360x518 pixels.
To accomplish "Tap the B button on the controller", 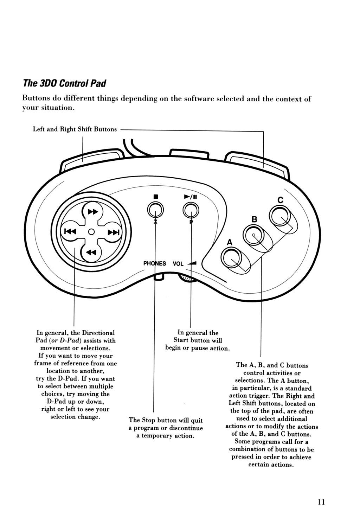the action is point(253,235).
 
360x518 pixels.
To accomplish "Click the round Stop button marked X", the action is point(155,210).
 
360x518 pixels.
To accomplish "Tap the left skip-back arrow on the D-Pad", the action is point(70,231).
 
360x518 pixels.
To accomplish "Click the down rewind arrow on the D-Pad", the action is point(91,252).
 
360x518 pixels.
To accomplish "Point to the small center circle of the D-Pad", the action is point(91,232).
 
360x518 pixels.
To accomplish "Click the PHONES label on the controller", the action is point(154,263).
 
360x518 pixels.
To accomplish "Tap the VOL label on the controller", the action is point(178,264).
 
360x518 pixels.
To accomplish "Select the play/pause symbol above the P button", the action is point(191,197).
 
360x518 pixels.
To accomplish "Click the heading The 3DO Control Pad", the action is point(64,83).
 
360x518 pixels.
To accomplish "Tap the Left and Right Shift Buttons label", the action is point(75,129).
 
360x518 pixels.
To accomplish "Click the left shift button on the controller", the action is point(91,159).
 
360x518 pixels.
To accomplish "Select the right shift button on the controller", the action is point(257,164).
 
